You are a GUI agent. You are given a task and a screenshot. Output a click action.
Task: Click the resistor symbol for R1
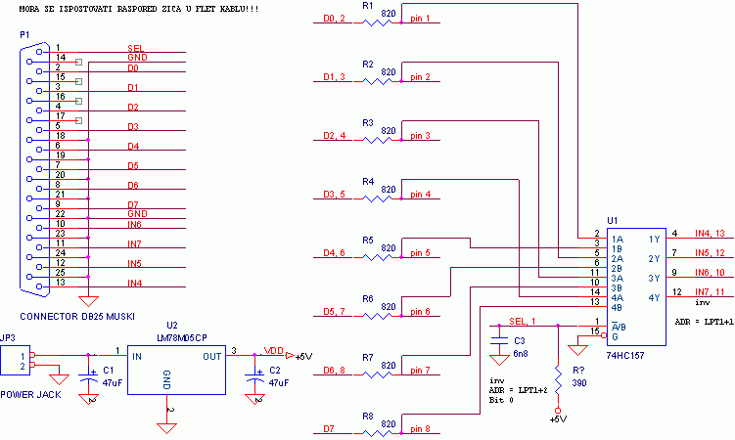click(x=378, y=22)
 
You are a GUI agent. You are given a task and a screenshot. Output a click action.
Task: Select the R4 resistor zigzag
click(x=378, y=198)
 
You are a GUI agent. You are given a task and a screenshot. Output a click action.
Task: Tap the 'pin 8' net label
click(x=420, y=429)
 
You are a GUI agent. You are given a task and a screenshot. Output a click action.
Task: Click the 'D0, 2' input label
click(x=334, y=19)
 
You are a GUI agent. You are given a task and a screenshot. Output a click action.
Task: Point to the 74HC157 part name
click(x=625, y=355)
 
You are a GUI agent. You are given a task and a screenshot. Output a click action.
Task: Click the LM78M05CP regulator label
click(x=182, y=337)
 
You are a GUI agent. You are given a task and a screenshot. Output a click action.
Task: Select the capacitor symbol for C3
click(x=499, y=340)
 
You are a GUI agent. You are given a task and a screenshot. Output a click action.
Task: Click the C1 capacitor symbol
click(x=88, y=375)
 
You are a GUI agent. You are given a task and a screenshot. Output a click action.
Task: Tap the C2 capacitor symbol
click(x=254, y=375)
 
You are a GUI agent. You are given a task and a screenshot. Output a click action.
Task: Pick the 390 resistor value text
click(x=579, y=383)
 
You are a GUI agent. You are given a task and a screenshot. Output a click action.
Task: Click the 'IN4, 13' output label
click(x=710, y=233)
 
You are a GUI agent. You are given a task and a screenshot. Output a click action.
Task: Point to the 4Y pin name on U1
click(x=654, y=297)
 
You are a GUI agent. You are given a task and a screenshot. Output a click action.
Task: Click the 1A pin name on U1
click(x=618, y=240)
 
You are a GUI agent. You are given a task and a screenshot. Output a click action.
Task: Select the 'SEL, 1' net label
click(x=523, y=321)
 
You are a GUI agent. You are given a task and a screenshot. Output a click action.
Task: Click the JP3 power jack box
click(x=15, y=361)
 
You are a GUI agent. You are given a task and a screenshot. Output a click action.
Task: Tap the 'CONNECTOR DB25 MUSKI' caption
click(x=77, y=317)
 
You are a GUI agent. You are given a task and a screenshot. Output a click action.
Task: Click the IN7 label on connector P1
click(x=134, y=243)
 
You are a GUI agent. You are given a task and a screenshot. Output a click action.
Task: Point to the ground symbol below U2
click(x=167, y=428)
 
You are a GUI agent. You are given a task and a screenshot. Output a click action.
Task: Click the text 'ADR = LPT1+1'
click(x=704, y=322)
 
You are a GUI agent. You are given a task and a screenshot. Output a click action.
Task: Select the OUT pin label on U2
click(x=211, y=357)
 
